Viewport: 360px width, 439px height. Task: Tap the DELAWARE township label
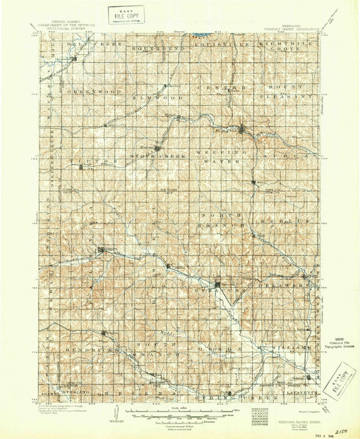(x=284, y=286)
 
